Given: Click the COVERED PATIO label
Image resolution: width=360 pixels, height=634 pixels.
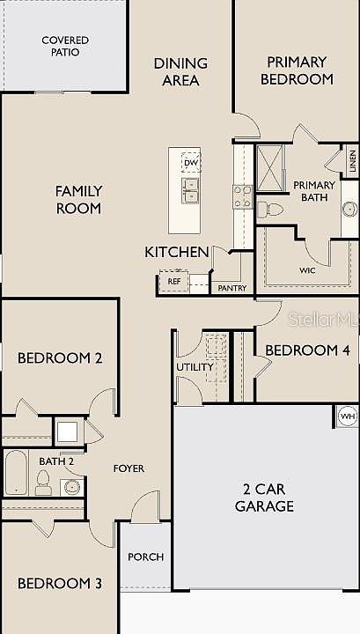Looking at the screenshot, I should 64,46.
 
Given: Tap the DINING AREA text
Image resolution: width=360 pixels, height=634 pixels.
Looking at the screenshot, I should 180,71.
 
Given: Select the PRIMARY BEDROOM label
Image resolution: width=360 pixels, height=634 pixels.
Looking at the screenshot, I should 297,70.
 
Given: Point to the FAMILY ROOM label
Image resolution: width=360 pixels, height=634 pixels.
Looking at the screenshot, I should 78,199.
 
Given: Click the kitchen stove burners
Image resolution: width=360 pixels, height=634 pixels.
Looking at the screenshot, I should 243,195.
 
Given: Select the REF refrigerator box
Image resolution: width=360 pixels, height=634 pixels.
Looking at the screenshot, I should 173,282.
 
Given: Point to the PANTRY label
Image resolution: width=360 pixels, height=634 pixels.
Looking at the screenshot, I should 231,288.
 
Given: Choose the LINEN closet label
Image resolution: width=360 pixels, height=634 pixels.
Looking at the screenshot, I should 351,161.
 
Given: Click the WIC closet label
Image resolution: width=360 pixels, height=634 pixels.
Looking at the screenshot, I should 307,270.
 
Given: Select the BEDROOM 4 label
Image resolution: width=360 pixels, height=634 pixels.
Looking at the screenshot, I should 307,350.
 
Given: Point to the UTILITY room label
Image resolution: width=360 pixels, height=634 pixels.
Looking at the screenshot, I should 195,366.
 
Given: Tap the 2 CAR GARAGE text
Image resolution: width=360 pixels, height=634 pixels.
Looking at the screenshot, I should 264,498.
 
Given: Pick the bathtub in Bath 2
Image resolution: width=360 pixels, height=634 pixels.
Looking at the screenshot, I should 16,472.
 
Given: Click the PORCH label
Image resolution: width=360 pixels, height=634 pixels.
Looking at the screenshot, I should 145,557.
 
